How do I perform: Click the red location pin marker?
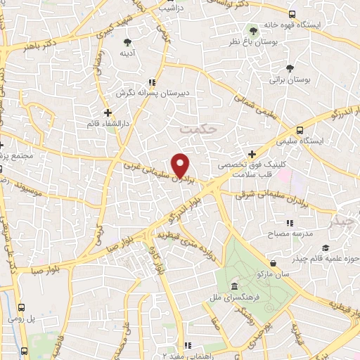tap(181, 165)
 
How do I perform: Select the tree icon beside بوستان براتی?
tap(290, 68)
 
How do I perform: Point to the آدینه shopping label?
tap(127, 53)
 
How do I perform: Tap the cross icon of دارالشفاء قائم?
tap(107, 112)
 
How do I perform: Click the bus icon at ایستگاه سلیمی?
tap(300, 131)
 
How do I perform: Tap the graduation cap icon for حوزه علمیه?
tap(326, 247)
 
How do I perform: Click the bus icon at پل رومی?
tap(22, 307)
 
